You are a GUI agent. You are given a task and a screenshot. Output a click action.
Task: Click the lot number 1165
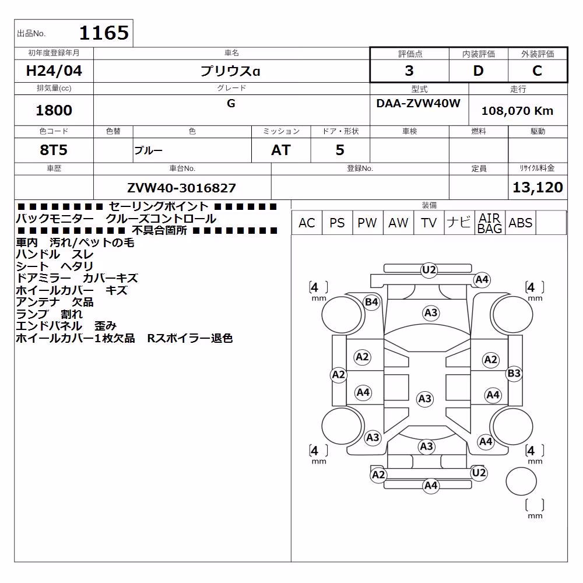[x=104, y=33]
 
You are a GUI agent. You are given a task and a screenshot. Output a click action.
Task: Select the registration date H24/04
[x=54, y=71]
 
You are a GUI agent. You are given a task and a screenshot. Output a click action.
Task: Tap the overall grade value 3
[x=409, y=71]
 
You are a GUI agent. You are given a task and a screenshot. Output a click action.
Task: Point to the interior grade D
[x=478, y=71]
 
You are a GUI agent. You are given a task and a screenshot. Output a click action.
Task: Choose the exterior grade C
[x=537, y=71]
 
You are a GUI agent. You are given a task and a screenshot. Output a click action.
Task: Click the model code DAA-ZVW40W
[x=418, y=103]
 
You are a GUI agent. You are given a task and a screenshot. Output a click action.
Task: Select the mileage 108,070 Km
[x=517, y=111]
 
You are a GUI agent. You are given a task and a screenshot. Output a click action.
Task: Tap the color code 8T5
[x=54, y=150]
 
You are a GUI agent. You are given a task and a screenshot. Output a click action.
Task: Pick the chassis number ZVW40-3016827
[x=181, y=188]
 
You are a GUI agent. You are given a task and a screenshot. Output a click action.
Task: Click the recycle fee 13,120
[x=538, y=187]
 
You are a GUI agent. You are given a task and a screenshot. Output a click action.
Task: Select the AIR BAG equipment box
[x=490, y=223]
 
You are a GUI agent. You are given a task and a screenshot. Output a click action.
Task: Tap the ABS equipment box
[x=520, y=223]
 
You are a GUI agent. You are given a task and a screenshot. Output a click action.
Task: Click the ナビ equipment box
[x=459, y=223]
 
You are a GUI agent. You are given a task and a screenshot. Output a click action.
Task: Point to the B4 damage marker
[x=371, y=302]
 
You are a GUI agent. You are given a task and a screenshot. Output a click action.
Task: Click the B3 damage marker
[x=514, y=373]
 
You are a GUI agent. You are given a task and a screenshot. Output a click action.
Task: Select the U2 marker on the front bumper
[x=429, y=269]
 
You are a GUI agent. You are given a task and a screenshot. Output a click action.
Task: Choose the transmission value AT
[x=281, y=150]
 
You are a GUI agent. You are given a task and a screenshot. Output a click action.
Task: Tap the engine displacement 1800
[x=54, y=110]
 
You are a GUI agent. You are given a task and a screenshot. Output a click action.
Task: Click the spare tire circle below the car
[x=521, y=481]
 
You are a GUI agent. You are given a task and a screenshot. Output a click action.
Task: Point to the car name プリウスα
[x=230, y=71]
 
